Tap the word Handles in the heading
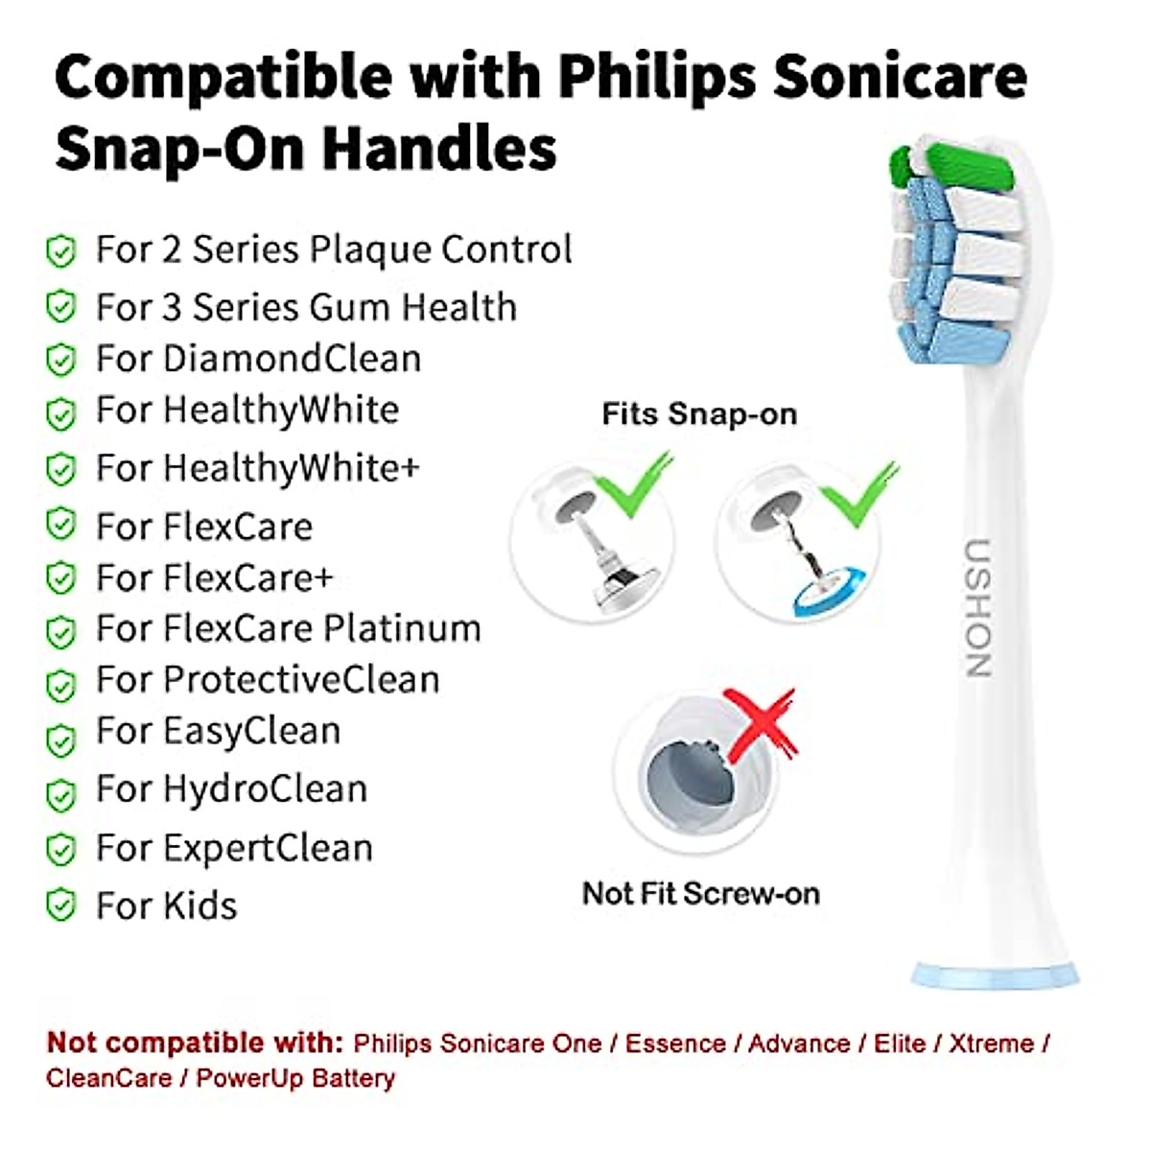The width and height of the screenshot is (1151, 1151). click(x=438, y=149)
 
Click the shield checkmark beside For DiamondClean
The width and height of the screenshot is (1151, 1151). click(x=60, y=361)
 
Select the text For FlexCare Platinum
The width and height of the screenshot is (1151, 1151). click(x=288, y=629)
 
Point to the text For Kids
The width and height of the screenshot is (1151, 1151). click(x=166, y=905)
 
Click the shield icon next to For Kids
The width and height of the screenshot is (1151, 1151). click(x=60, y=905)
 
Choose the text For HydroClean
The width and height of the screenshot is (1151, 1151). click(x=231, y=789)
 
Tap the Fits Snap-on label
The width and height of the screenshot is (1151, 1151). click(x=699, y=413)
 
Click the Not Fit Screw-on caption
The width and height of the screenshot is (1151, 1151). click(x=701, y=893)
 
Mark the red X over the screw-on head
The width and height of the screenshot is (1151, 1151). click(x=760, y=724)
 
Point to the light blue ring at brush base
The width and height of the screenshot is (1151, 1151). click(x=994, y=975)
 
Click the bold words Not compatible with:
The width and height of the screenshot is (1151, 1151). click(x=195, y=1043)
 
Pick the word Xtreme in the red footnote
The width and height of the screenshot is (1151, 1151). click(x=991, y=1043)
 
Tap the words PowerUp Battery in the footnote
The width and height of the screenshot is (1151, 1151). click(x=295, y=1078)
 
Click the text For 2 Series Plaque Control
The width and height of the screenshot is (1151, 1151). click(x=334, y=249)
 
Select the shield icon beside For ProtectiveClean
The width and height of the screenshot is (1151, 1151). click(x=60, y=685)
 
